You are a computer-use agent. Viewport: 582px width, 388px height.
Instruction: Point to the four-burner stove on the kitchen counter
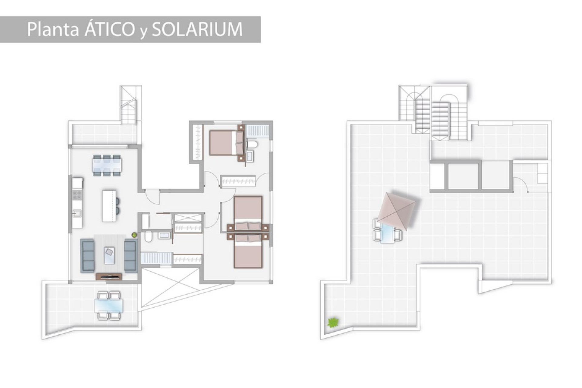(x=77, y=195)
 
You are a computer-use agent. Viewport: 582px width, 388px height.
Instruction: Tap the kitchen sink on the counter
(x=76, y=214)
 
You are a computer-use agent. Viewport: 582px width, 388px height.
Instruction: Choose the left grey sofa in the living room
(x=87, y=256)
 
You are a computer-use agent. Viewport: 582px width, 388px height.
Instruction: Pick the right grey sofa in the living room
(x=130, y=255)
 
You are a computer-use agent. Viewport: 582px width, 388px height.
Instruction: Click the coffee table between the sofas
(x=109, y=255)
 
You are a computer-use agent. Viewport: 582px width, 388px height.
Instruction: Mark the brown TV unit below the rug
(x=109, y=276)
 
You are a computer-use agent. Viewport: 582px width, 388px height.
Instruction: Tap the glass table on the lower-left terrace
(x=109, y=306)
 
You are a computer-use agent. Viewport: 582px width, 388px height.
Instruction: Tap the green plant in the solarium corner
(x=333, y=322)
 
